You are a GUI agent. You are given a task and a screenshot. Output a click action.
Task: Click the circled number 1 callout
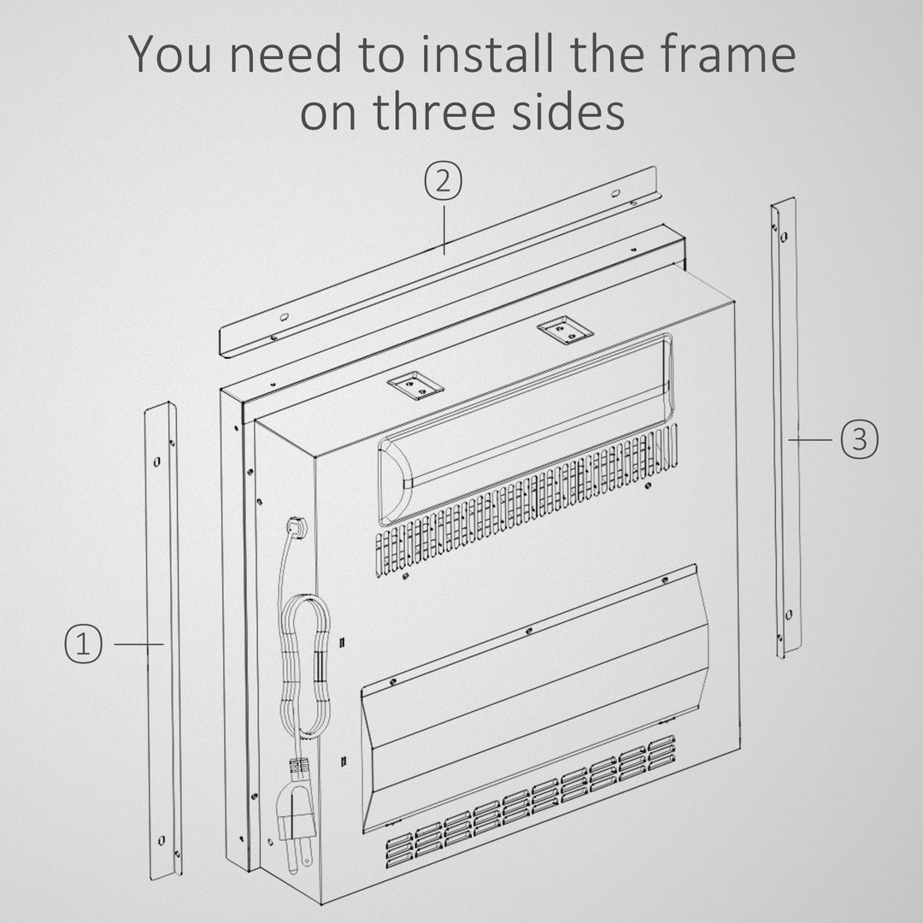point(83,644)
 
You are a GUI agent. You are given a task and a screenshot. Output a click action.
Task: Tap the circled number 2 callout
point(444,180)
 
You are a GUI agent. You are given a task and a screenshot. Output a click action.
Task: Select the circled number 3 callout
point(859,439)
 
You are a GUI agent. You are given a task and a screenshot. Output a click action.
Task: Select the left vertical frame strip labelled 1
point(162,642)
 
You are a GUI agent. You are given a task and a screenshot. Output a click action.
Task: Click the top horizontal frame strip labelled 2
point(438,262)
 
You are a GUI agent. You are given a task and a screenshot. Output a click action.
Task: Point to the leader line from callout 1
point(138,644)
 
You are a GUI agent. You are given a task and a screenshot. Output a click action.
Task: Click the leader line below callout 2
point(444,227)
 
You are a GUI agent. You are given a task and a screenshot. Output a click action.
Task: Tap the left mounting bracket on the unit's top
point(415,385)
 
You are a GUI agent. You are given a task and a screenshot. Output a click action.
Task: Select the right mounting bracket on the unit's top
point(565,330)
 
